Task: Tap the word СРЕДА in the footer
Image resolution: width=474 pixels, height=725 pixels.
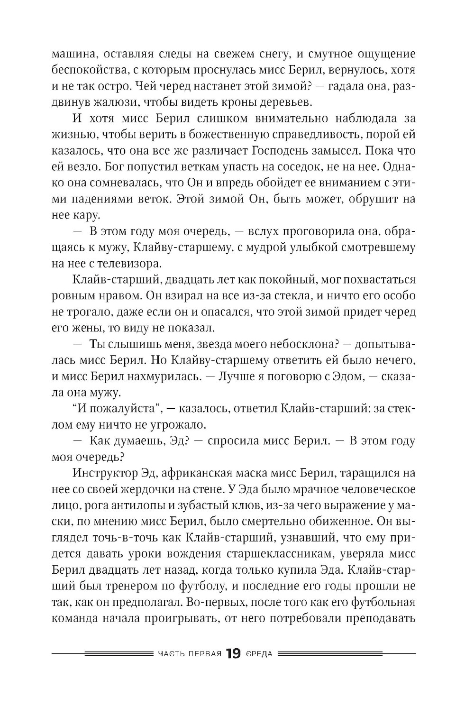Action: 259,654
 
